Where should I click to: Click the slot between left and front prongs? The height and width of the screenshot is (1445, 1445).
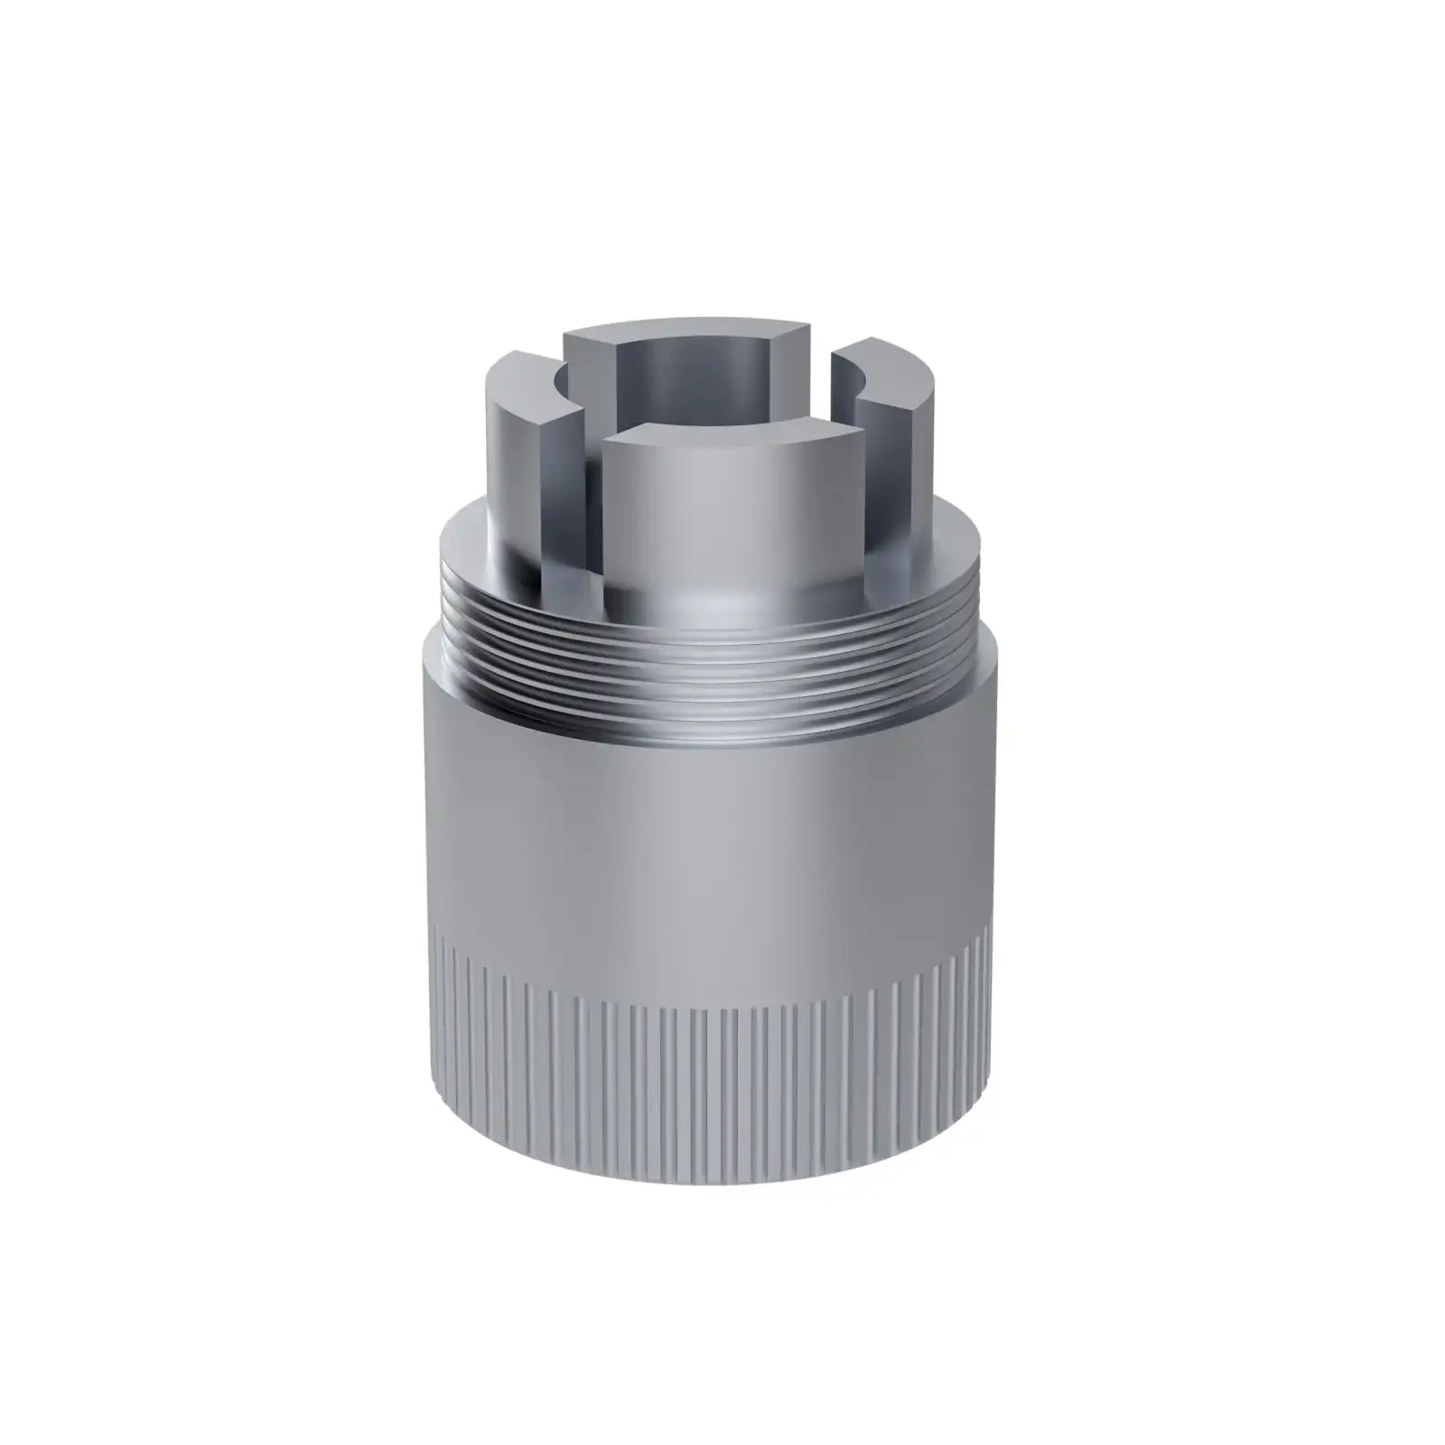(x=592, y=506)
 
